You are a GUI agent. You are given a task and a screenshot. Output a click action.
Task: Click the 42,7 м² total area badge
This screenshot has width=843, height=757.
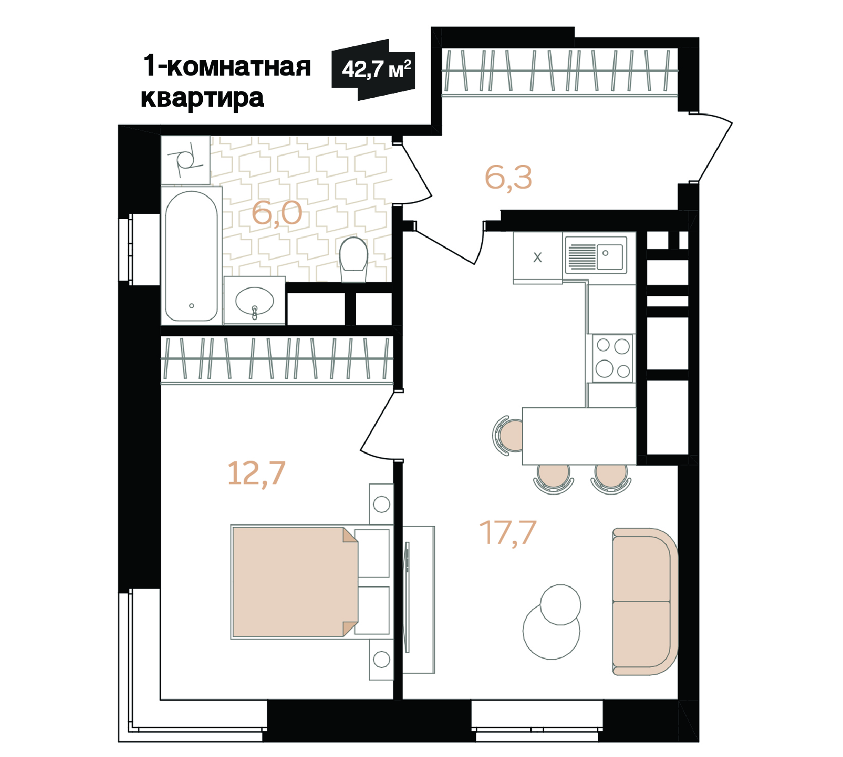pyautogui.click(x=373, y=70)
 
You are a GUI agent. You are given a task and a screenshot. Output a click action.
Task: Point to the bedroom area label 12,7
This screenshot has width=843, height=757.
pyautogui.click(x=256, y=474)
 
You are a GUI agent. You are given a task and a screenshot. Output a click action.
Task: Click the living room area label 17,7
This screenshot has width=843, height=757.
pyautogui.click(x=507, y=534)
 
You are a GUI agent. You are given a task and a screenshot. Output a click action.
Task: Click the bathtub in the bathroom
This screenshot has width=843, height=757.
pyautogui.click(x=191, y=256)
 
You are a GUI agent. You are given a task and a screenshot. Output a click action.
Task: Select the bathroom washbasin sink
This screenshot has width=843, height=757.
pyautogui.click(x=255, y=301)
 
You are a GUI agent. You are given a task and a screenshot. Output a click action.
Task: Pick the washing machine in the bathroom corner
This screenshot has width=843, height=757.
pyautogui.click(x=185, y=160)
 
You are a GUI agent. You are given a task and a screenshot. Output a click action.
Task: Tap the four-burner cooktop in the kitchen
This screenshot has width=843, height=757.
pyautogui.click(x=612, y=358)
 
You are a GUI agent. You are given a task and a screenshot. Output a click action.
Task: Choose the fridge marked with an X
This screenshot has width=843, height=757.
pyautogui.click(x=538, y=258)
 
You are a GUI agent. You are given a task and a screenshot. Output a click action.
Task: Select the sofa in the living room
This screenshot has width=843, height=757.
pyautogui.click(x=645, y=601)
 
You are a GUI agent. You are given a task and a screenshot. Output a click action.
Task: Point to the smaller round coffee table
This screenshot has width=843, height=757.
pyautogui.click(x=560, y=605)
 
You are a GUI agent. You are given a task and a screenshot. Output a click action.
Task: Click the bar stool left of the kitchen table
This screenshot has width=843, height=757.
pyautogui.click(x=507, y=435)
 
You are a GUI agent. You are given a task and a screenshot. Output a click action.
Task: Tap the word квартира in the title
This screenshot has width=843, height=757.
pyautogui.click(x=202, y=99)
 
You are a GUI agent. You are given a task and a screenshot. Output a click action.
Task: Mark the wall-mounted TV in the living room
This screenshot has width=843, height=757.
pyautogui.click(x=407, y=597)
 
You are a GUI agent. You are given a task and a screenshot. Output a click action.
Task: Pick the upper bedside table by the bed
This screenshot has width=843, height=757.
pyautogui.click(x=381, y=504)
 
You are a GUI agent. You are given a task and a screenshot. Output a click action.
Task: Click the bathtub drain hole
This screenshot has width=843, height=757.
pyautogui.click(x=192, y=306)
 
